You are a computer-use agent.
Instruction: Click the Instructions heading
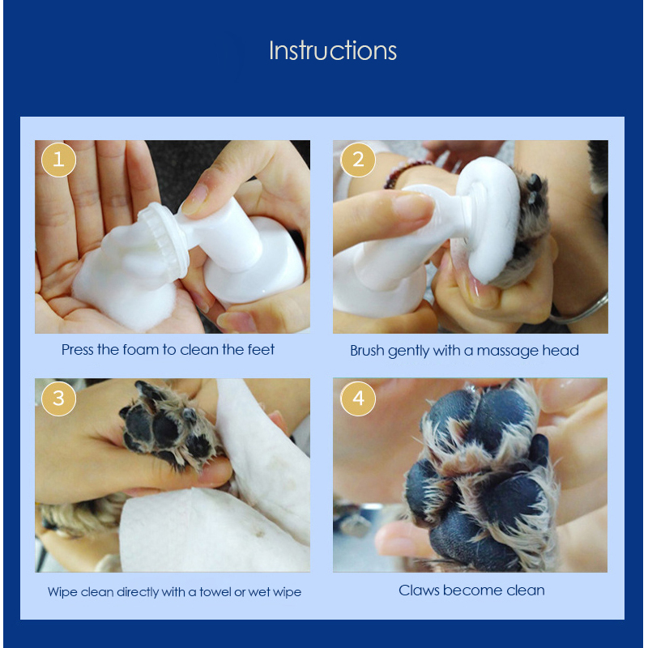point(333,51)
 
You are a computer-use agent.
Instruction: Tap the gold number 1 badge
point(58,160)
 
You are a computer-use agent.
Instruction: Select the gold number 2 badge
point(358,160)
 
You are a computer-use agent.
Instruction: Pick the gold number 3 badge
point(58,399)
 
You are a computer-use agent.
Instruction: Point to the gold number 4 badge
point(358,399)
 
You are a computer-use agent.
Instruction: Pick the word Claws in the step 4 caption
point(419,590)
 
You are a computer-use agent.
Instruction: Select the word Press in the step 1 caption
point(78,350)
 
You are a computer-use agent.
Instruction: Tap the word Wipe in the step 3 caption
point(62,592)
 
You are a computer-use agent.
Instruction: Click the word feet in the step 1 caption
point(261,350)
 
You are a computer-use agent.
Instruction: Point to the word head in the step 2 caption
point(561,351)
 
